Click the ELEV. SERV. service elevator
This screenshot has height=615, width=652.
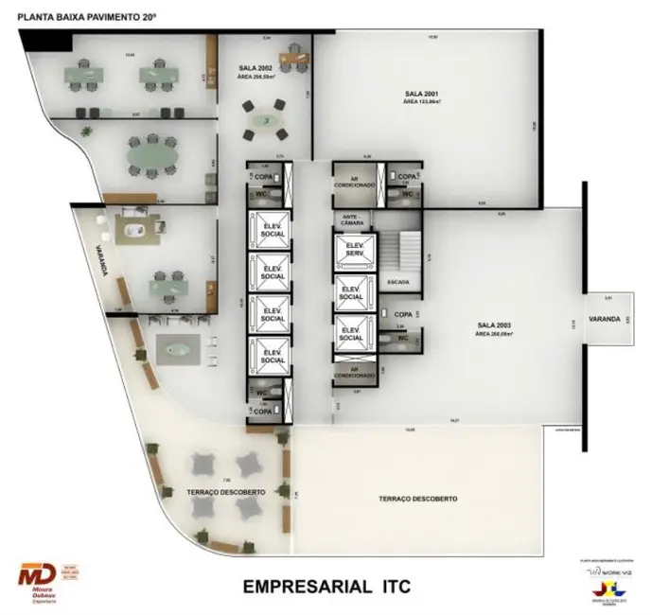(x=353, y=251)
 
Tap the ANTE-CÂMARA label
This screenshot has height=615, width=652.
(x=353, y=220)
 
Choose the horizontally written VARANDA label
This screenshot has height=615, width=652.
(x=604, y=319)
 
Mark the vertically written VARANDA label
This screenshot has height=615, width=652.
(x=97, y=261)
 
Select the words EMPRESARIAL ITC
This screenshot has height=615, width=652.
(x=326, y=587)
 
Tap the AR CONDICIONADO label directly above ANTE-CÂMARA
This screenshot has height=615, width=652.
(x=353, y=181)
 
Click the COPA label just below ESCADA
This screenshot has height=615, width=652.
(x=402, y=313)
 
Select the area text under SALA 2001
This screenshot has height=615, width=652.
(x=422, y=102)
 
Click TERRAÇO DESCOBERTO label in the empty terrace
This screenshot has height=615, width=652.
(x=417, y=498)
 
